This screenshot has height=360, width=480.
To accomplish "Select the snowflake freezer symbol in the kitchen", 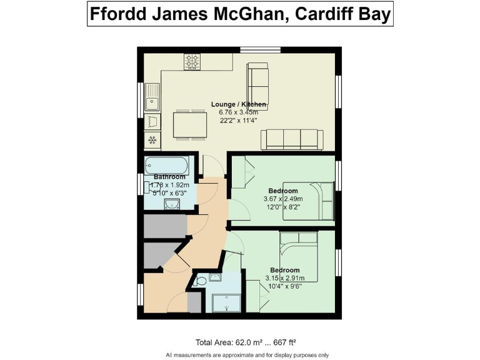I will click(x=152, y=139).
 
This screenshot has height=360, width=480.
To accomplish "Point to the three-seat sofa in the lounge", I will click(x=292, y=138).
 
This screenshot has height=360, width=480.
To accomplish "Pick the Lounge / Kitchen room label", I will click(x=239, y=104).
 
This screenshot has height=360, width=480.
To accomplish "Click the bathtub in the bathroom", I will click(x=166, y=166).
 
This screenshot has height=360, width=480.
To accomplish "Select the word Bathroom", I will click(x=169, y=177).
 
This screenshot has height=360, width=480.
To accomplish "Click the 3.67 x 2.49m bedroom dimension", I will click(x=283, y=199).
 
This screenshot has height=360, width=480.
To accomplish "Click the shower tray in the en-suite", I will click(x=223, y=303).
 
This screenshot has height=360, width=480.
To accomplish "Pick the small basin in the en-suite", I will click(x=216, y=278).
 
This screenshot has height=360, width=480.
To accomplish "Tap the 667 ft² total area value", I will click(x=282, y=342).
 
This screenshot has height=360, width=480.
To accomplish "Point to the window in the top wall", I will click(x=261, y=49).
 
